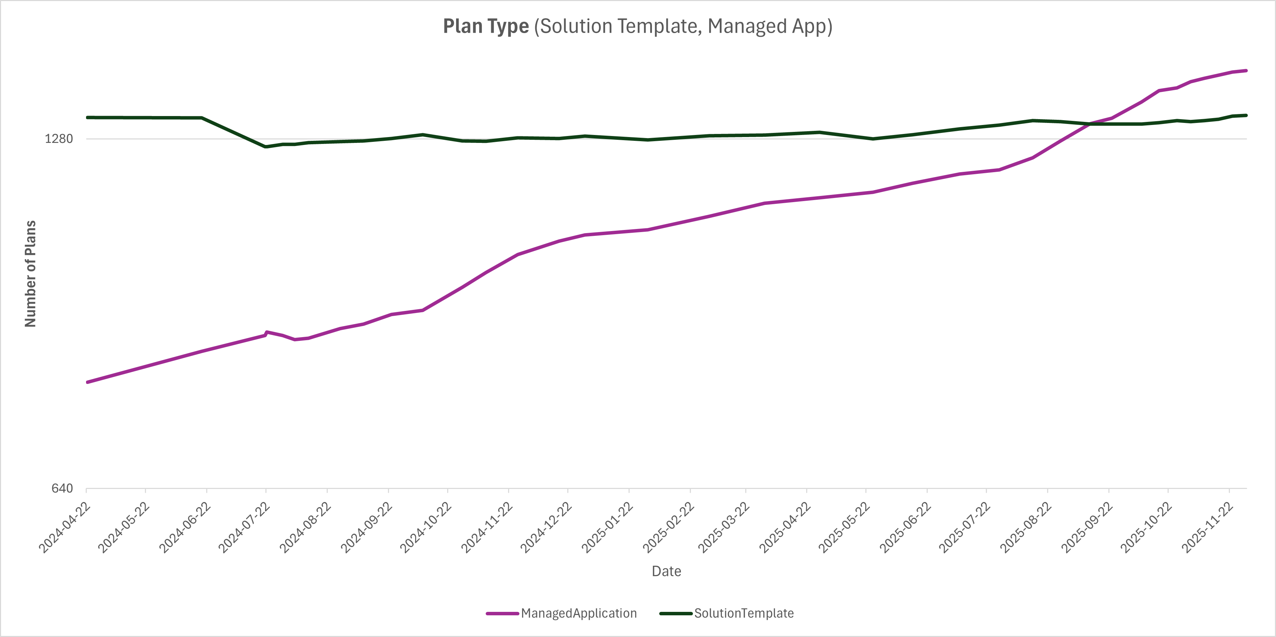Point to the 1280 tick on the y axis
tap(59, 139)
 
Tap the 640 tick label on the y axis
tap(62, 488)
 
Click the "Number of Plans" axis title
tap(30, 273)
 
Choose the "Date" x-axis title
tap(666, 571)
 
